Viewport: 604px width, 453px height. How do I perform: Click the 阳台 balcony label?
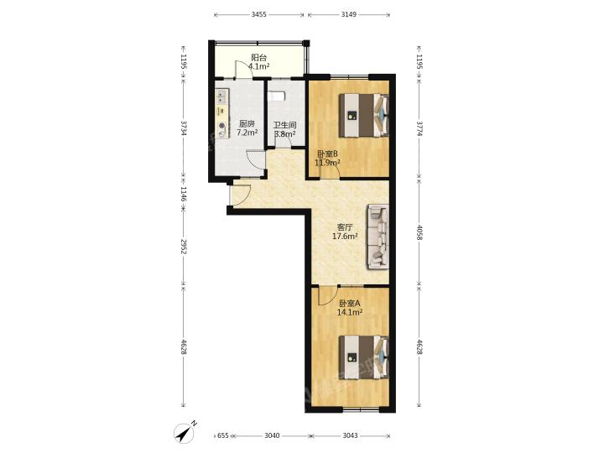point(259,58)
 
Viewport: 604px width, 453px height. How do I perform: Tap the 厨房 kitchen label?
point(247,124)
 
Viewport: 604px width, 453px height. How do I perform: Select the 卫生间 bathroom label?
point(285,126)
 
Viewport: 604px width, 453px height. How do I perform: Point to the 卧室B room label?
point(327,154)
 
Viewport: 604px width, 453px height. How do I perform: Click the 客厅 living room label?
point(345,227)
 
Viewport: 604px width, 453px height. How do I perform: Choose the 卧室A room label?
point(349,304)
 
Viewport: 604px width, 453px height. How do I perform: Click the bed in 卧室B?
point(363,115)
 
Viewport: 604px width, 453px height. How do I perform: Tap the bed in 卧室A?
point(363,357)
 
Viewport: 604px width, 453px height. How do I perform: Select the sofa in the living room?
point(378,236)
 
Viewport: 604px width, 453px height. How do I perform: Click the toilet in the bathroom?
point(277,96)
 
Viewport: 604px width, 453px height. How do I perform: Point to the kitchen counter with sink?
point(221,113)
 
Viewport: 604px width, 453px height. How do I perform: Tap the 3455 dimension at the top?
point(259,14)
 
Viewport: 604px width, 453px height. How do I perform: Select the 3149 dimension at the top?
point(349,14)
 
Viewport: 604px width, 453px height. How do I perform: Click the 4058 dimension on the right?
point(419,232)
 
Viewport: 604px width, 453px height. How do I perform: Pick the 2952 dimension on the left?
point(184,247)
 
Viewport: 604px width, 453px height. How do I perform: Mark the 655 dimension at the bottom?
point(223,435)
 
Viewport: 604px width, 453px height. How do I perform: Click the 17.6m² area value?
point(345,236)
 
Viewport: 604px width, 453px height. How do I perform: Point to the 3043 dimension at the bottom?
point(350,435)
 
